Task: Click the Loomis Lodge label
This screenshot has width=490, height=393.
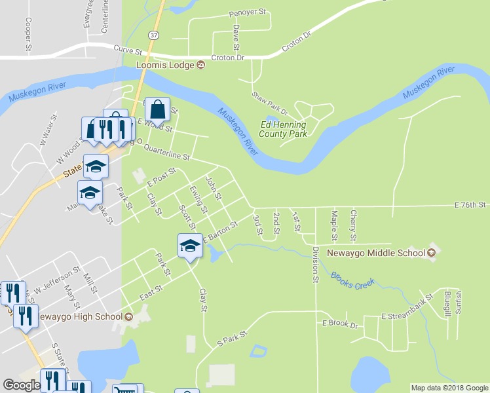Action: coord(165,65)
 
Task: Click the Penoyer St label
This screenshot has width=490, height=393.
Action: coord(248,13)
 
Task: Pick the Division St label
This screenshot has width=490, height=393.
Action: coord(315,265)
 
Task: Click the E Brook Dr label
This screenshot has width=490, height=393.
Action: coord(339,324)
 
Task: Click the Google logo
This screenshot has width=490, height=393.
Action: coord(22,385)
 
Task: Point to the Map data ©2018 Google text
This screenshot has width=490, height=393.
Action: coord(449,388)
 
